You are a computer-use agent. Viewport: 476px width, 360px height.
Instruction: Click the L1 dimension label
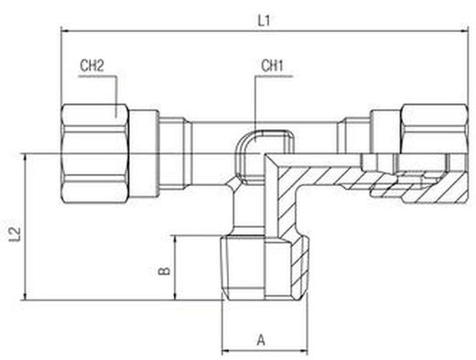pyautogui.click(x=264, y=21)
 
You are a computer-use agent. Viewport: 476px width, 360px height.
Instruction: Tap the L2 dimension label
pyautogui.click(x=15, y=235)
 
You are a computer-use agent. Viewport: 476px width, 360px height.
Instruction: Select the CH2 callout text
pyautogui.click(x=92, y=66)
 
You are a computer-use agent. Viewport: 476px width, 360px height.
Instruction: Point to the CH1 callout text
pyautogui.click(x=272, y=66)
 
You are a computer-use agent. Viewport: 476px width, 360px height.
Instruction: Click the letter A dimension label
pyautogui.click(x=261, y=340)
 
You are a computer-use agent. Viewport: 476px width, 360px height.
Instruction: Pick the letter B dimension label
pyautogui.click(x=165, y=271)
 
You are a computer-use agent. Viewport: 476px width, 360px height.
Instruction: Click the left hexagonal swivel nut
pyautogui.click(x=95, y=154)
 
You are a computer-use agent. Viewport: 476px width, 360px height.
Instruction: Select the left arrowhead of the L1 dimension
pyautogui.click(x=65, y=31)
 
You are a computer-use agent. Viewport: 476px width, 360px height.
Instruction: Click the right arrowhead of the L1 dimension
pyautogui.click(x=464, y=31)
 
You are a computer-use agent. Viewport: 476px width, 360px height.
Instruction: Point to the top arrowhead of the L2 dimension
pyautogui.click(x=25, y=158)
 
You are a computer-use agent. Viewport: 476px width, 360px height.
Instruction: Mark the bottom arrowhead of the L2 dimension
pyautogui.click(x=25, y=297)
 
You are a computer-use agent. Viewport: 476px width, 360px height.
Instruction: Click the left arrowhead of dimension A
pyautogui.click(x=225, y=351)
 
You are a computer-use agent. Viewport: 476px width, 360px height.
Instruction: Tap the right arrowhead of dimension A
pyautogui.click(x=304, y=351)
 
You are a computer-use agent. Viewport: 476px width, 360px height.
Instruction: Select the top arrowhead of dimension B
pyautogui.click(x=175, y=239)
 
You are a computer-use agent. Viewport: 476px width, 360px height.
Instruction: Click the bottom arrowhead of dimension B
pyautogui.click(x=175, y=297)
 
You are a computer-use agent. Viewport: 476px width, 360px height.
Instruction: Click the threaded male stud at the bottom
pyautogui.click(x=265, y=267)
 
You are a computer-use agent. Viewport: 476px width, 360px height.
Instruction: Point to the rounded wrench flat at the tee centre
pyautogui.click(x=265, y=157)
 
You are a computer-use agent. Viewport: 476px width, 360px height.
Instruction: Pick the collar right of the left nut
pyautogui.click(x=144, y=154)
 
